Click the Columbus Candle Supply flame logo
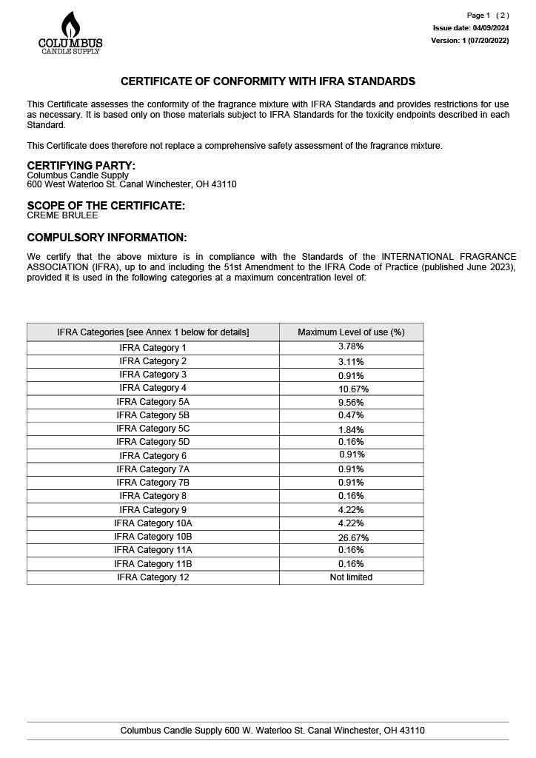pos(70,33)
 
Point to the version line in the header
pos(470,41)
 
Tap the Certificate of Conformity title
pos(268,81)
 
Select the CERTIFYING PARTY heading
pos(81,165)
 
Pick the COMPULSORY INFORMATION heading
pos(107,238)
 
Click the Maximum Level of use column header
pos(351,332)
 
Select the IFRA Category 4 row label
pos(153,388)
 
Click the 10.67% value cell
pos(353,389)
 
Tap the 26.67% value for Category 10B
pos(353,537)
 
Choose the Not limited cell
pos(351,577)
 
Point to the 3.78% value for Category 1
pos(351,347)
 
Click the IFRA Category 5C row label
pos(153,429)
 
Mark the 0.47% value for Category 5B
pos(351,415)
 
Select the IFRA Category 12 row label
pos(153,577)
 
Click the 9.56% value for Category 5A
pos(351,402)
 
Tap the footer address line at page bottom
pos(272,731)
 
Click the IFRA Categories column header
pos(153,332)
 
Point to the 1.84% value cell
pos(351,429)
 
